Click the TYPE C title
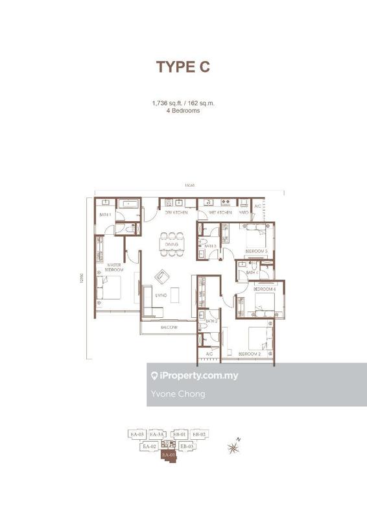(x=183, y=67)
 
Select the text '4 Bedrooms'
(x=184, y=111)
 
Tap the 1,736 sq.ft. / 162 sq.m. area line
(x=184, y=103)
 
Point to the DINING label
(x=171, y=245)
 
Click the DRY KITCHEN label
(x=176, y=213)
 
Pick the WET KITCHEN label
(x=219, y=213)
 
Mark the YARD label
(x=244, y=213)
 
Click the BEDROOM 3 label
(x=256, y=251)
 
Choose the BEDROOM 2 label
(x=249, y=354)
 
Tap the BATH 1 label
(x=104, y=214)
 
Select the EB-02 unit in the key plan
(x=198, y=434)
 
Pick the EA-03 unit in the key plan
(x=136, y=434)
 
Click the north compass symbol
(x=233, y=446)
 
